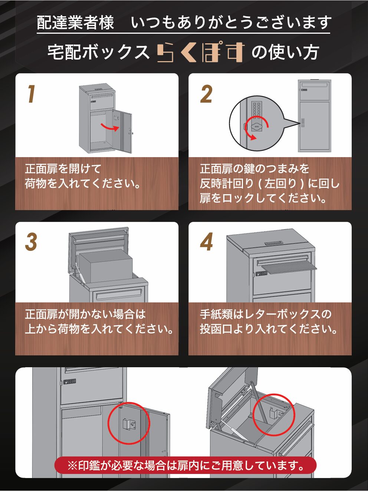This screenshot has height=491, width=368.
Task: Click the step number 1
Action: coord(31,94)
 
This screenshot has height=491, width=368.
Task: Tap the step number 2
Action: coord(206,94)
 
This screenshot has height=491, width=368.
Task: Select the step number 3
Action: coord(31,242)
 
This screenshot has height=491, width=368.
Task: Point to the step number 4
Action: coord(206,242)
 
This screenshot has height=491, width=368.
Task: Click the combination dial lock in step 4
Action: coord(261,273)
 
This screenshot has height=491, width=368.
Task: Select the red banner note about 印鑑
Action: coord(185,465)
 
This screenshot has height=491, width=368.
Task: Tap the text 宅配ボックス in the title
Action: coord(98,52)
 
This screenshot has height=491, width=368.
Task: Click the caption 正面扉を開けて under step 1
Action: coord(63,169)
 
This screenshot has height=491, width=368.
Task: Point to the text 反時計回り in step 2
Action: coord(227,183)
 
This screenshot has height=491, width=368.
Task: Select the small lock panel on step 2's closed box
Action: coord(303,123)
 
